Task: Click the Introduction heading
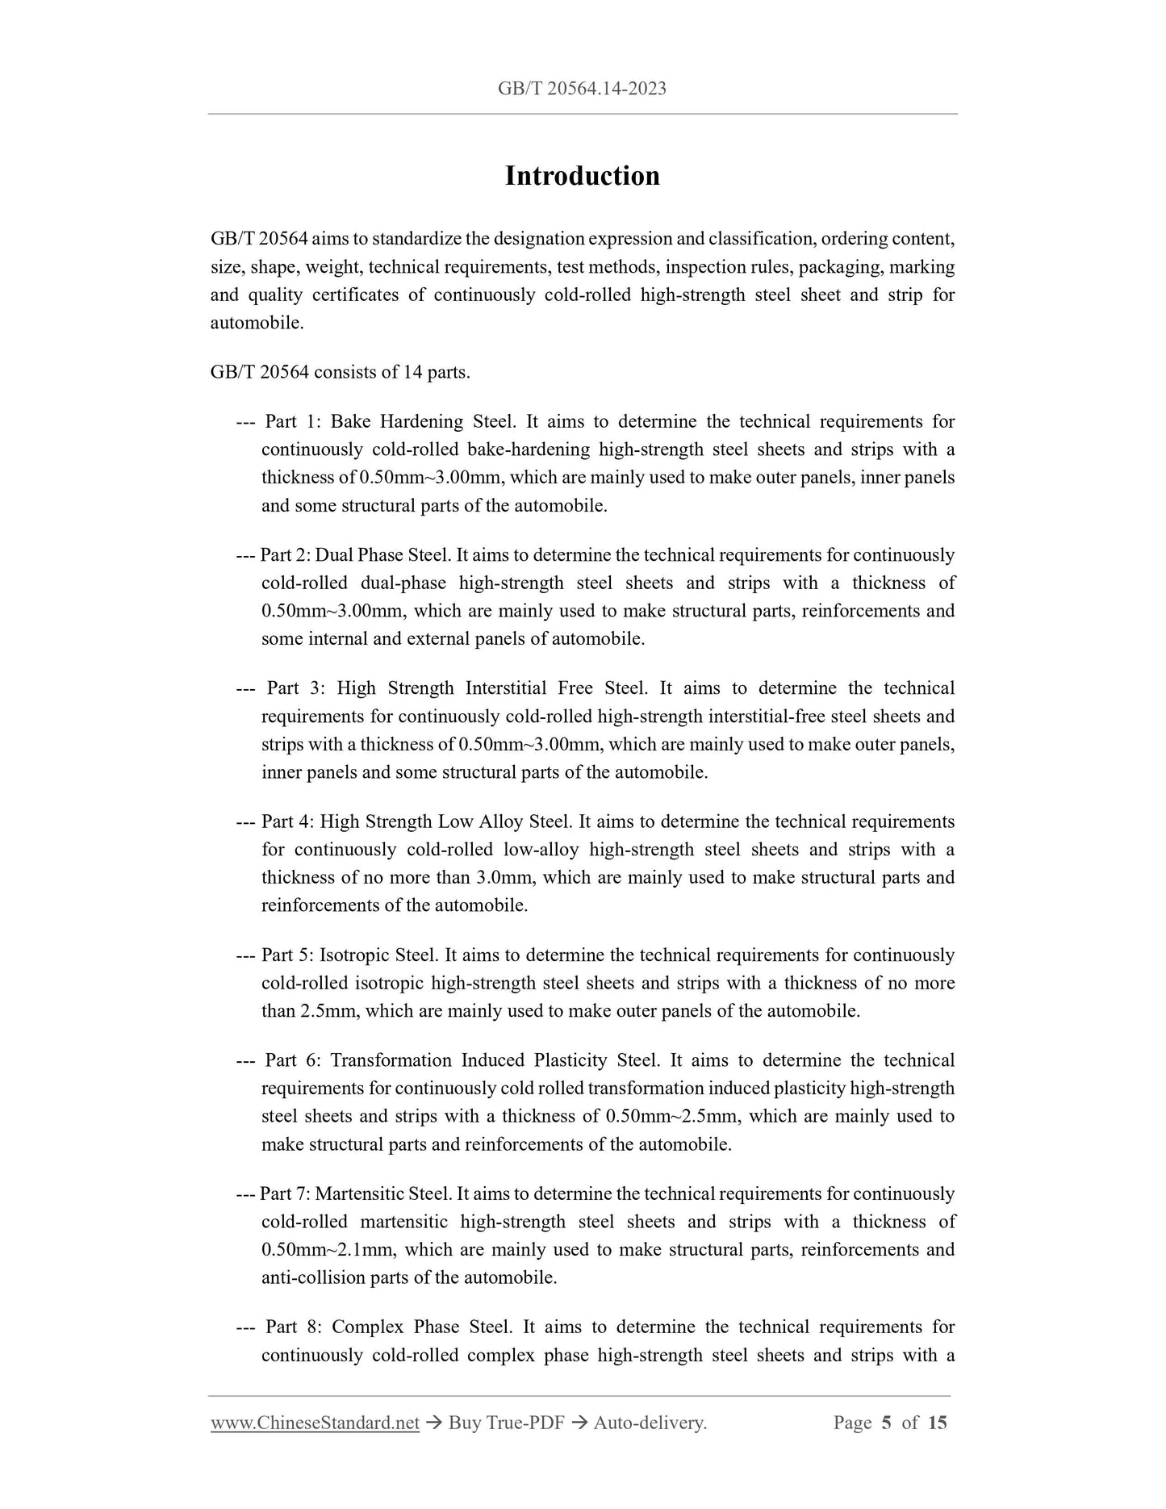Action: click(x=582, y=176)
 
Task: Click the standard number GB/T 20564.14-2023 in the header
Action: click(x=582, y=89)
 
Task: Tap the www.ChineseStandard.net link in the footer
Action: click(x=315, y=1423)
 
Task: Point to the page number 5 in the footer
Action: click(x=886, y=1423)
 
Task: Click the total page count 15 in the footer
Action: click(x=937, y=1423)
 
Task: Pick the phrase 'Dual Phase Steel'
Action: click(x=382, y=555)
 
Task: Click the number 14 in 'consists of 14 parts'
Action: click(x=413, y=372)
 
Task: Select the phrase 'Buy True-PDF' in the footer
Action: click(x=506, y=1423)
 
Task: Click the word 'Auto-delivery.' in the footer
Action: click(x=650, y=1423)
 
